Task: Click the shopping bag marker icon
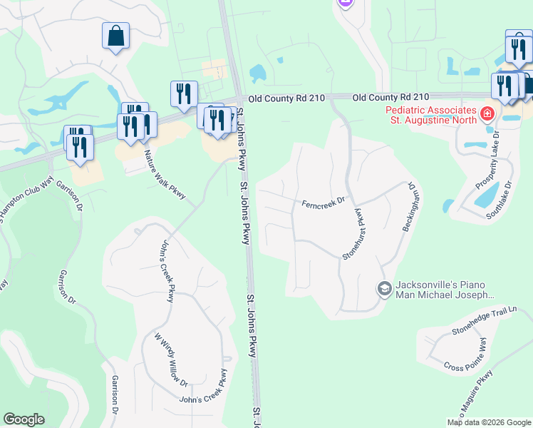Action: coord(115,36)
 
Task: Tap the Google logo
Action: coord(24,419)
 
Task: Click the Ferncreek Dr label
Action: coord(323,203)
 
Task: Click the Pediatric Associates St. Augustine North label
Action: coord(430,116)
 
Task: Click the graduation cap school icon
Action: coord(384,288)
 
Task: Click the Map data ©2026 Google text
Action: coord(489,422)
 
